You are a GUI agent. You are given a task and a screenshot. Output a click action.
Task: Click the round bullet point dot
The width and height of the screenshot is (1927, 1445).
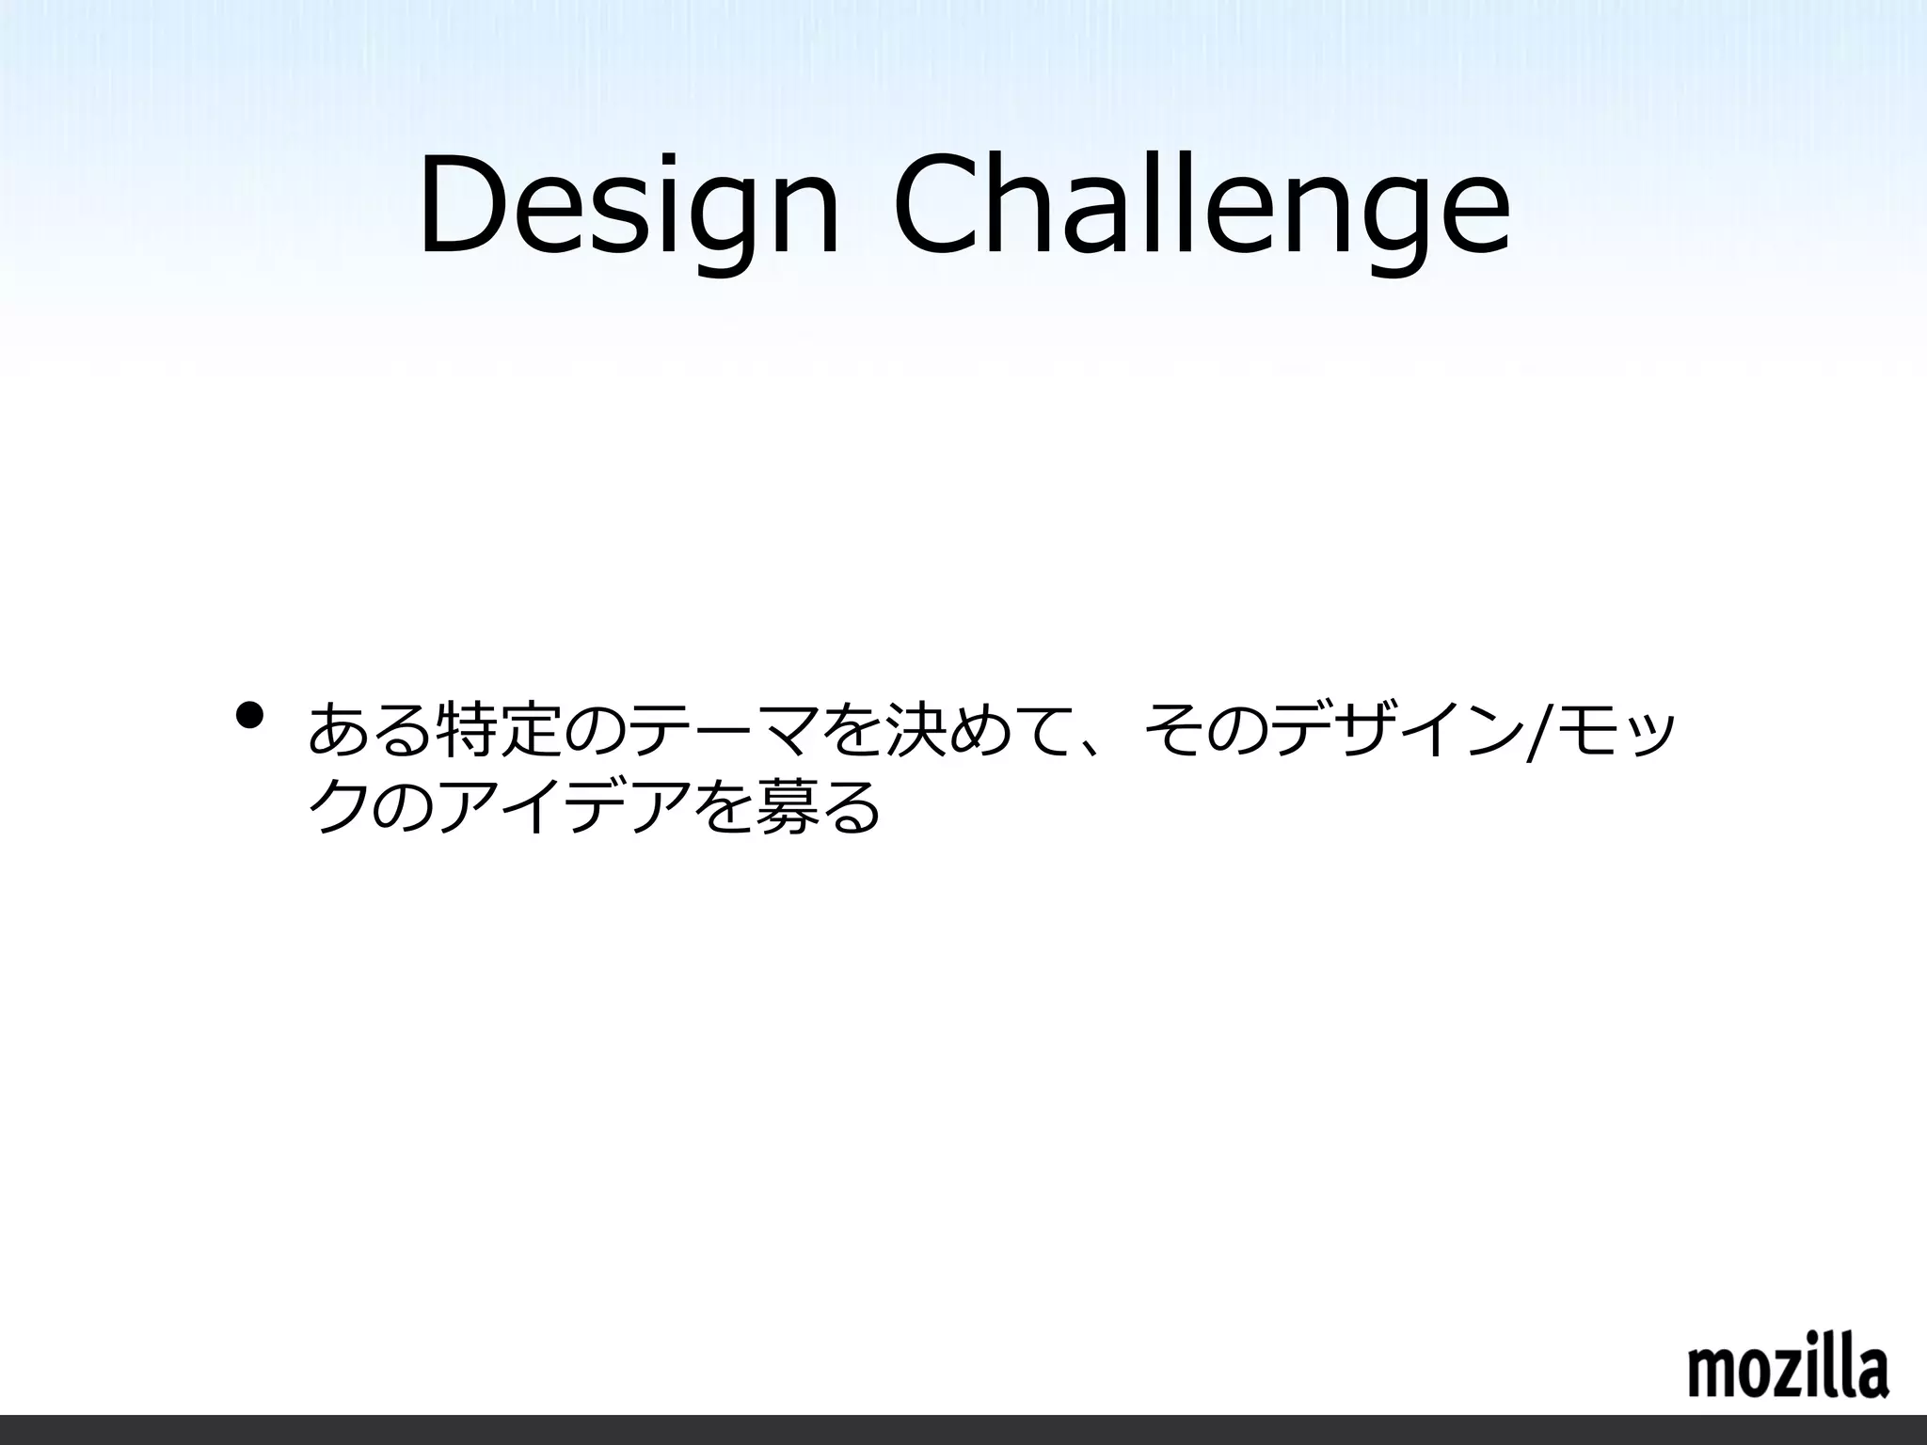click(x=249, y=716)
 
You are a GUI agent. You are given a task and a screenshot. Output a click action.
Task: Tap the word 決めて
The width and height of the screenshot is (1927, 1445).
click(x=942, y=729)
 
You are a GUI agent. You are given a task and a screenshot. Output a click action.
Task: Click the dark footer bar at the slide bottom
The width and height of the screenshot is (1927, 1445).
click(x=963, y=1429)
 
